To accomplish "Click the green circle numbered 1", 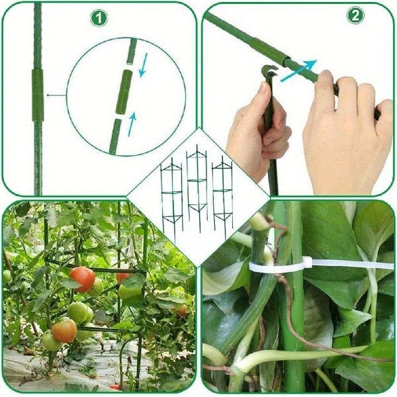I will tap(99, 18).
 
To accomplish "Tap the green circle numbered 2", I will tap(355, 15).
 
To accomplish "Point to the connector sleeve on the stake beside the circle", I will tap(38, 95).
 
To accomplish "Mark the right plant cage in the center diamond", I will tap(222, 192).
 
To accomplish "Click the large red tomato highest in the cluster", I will tap(83, 279).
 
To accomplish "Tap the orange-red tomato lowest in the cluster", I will tap(64, 330).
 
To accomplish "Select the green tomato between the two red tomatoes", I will tap(79, 311).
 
